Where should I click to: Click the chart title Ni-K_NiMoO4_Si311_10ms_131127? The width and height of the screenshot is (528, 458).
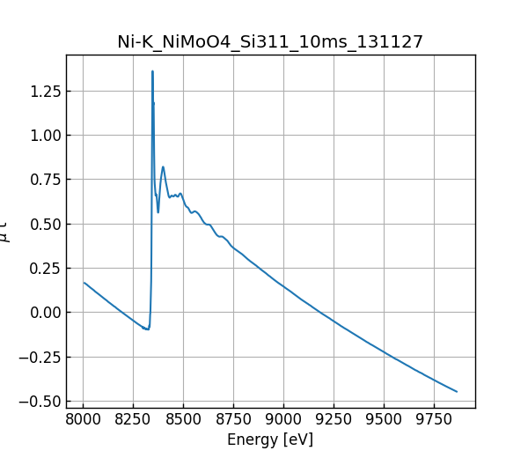[x=270, y=42]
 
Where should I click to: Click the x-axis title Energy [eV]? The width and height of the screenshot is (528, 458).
[x=270, y=439]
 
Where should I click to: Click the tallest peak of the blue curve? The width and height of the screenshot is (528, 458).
[x=152, y=71]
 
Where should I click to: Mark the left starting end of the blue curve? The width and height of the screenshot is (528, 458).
[x=84, y=283]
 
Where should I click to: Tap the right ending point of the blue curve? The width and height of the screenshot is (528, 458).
[x=457, y=392]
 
